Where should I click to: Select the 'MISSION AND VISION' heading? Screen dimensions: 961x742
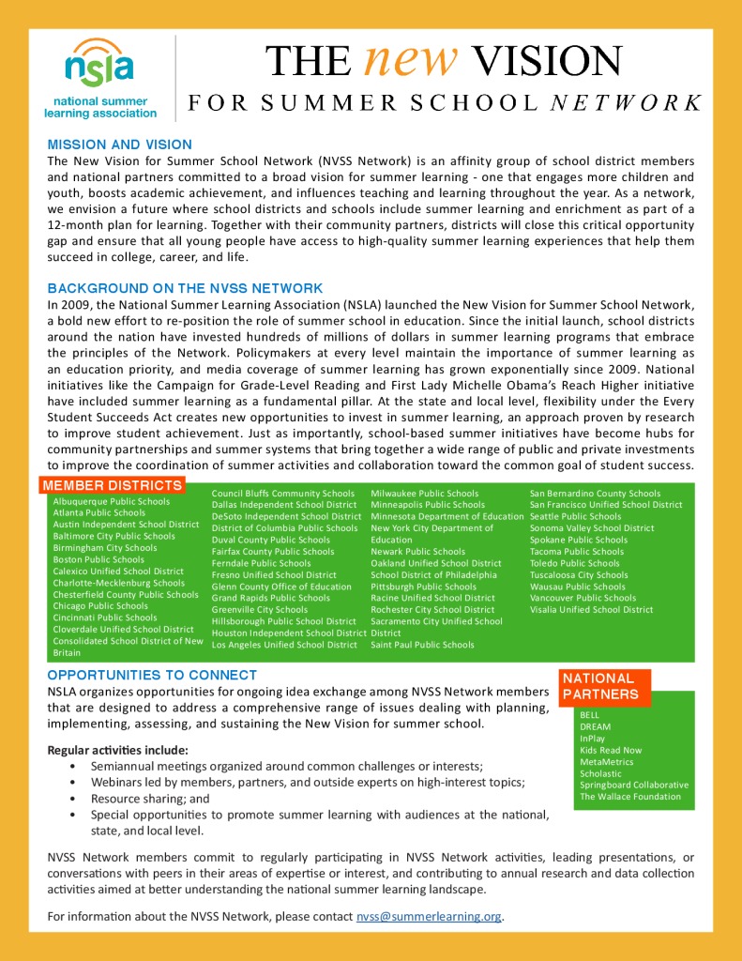[120, 145]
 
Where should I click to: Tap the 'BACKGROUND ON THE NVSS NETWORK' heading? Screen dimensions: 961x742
[186, 288]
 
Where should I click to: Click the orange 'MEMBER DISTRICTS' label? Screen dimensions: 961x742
[112, 485]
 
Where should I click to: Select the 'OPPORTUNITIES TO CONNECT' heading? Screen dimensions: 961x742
[152, 675]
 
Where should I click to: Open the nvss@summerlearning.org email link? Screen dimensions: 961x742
[429, 916]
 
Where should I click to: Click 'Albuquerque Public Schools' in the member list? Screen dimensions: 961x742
[112, 501]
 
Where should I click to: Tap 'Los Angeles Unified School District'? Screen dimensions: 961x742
[284, 645]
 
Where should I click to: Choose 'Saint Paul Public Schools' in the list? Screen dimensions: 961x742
[422, 645]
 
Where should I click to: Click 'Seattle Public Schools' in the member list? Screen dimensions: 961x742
[575, 516]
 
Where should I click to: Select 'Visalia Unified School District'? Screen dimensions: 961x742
[591, 609]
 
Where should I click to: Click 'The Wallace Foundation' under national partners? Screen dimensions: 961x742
[630, 797]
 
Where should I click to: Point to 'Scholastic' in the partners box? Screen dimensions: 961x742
[600, 773]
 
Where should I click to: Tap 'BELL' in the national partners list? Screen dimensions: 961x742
[590, 715]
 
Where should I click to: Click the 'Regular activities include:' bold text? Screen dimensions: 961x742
[117, 750]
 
